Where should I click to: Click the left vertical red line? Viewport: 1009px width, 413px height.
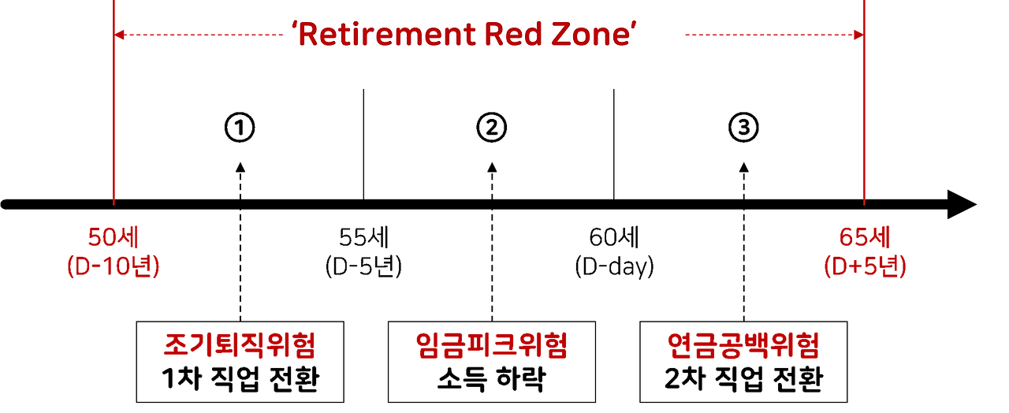[x=114, y=118]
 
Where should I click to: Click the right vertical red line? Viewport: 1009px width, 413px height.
[x=864, y=118]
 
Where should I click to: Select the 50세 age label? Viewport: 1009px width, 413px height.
[x=113, y=237]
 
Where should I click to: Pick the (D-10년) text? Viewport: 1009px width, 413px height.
[x=113, y=267]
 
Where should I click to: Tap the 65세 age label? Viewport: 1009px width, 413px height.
[x=864, y=237]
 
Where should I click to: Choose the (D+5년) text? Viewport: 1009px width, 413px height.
[x=865, y=267]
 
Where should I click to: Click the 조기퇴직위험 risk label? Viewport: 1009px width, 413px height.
[x=239, y=345]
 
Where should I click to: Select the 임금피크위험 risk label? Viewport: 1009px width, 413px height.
[x=490, y=345]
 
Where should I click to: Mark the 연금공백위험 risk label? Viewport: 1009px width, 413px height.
[x=743, y=345]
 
